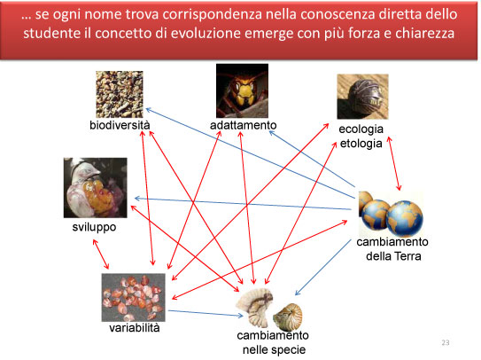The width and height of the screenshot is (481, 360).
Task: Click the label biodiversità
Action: (120, 125)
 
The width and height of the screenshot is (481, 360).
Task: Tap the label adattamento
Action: (244, 125)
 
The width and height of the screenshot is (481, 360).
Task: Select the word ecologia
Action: (361, 129)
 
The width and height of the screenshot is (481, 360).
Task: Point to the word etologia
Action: (361, 144)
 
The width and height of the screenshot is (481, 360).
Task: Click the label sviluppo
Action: (94, 227)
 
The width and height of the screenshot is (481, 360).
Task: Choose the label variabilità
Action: (135, 328)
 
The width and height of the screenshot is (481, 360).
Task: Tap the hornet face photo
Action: (242, 91)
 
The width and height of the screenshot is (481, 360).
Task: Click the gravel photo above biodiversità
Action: (120, 94)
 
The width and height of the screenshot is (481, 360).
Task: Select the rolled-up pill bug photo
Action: (362, 97)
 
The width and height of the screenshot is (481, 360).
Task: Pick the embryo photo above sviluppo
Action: (95, 188)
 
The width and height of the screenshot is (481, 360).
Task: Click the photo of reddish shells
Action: (134, 297)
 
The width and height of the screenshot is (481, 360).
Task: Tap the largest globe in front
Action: (404, 218)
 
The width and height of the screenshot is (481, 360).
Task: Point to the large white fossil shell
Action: (254, 307)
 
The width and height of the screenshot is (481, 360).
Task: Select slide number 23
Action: (446, 342)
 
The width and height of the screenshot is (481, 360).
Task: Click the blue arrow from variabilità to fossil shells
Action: (206, 313)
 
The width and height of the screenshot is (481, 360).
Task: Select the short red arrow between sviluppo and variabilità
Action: (101, 254)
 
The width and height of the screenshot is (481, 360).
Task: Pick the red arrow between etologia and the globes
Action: (394, 164)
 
